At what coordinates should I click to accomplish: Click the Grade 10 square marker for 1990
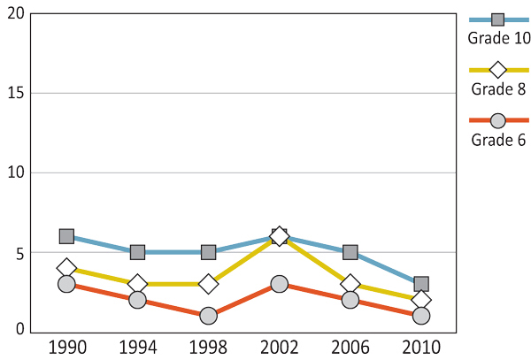[66, 236]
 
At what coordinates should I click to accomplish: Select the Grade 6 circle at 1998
[209, 316]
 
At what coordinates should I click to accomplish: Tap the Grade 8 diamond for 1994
[137, 284]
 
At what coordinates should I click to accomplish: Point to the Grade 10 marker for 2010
[421, 284]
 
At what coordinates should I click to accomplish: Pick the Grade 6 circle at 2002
[280, 284]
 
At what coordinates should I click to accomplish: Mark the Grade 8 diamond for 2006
[350, 284]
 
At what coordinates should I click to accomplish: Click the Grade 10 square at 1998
[209, 252]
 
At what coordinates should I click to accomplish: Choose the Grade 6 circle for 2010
[421, 316]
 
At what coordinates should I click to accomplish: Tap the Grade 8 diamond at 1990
[66, 268]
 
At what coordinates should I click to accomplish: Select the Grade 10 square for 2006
[350, 252]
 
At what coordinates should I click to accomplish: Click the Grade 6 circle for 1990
[66, 284]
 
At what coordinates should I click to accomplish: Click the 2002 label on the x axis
[280, 346]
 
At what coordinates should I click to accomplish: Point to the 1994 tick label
[137, 346]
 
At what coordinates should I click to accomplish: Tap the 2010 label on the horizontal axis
[421, 346]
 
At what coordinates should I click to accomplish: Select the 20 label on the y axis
[14, 15]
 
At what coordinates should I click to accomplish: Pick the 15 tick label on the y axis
[14, 94]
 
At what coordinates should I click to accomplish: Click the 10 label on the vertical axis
[14, 172]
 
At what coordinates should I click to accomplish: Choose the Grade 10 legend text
[497, 38]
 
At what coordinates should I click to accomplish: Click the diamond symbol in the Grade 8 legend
[497, 70]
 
